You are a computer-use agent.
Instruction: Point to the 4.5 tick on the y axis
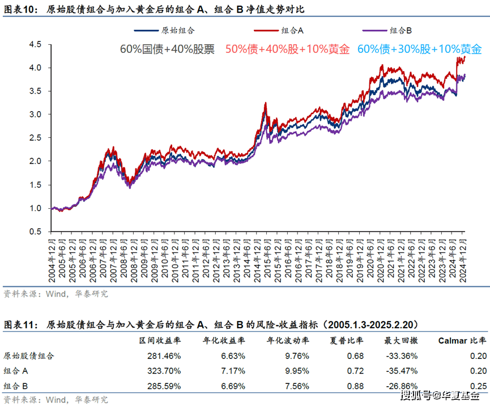point(35,45)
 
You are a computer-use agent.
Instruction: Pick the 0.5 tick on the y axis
point(35,232)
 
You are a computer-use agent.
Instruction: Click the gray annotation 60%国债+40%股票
point(167,49)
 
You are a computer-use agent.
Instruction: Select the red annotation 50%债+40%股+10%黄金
point(287,49)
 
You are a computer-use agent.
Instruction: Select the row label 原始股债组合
point(29,356)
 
